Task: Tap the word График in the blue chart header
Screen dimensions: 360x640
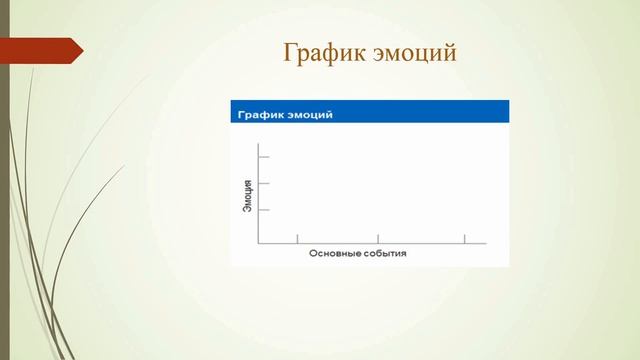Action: click(x=262, y=114)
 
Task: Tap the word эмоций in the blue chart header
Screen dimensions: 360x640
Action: click(x=310, y=114)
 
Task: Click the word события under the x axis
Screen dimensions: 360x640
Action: click(x=384, y=254)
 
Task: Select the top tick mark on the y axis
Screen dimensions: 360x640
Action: click(x=264, y=158)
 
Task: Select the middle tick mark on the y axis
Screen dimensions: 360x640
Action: click(x=264, y=184)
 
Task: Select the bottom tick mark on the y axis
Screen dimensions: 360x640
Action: click(x=264, y=210)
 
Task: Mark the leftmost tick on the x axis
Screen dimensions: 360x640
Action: click(x=297, y=238)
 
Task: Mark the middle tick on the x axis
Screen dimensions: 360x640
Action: click(x=377, y=238)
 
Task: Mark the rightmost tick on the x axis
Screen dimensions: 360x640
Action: click(x=464, y=238)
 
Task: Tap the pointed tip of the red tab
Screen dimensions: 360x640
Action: click(x=82, y=50)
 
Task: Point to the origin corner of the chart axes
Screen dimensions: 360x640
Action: click(x=259, y=242)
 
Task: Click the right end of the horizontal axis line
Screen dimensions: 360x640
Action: click(x=485, y=242)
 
